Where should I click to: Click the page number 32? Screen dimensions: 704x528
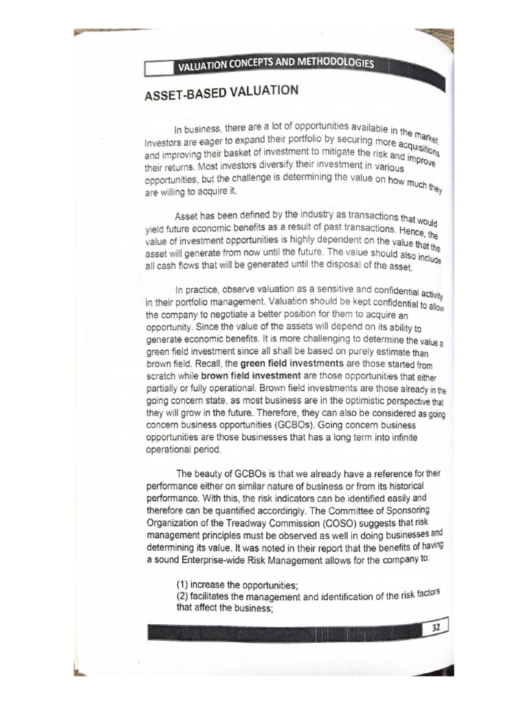point(436,628)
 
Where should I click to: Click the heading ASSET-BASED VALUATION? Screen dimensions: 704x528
point(212,92)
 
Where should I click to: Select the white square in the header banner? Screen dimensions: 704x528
point(158,69)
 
